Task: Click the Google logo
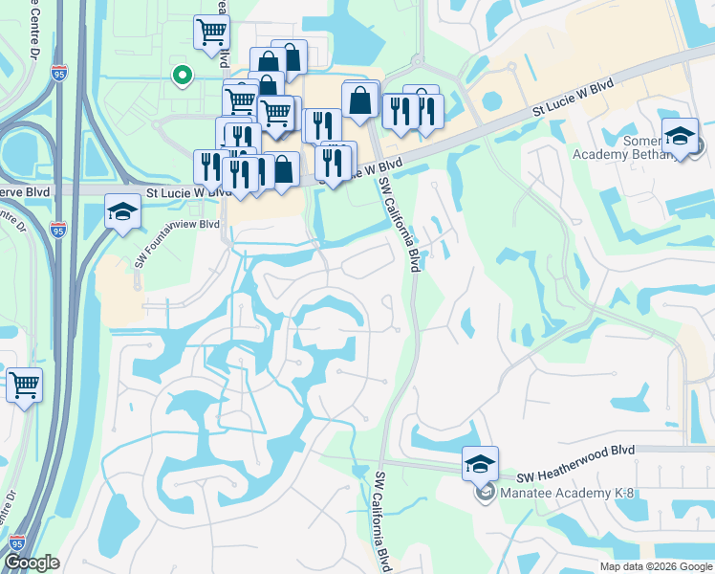(32, 563)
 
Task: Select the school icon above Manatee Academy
(480, 465)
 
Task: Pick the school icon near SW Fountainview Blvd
(122, 212)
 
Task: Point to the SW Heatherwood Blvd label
(576, 475)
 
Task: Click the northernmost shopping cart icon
(211, 33)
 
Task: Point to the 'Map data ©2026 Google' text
(656, 566)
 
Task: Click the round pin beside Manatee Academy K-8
(486, 494)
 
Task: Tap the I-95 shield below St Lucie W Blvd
(59, 230)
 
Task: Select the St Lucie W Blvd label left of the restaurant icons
(188, 192)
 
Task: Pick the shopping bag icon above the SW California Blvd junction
(360, 101)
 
